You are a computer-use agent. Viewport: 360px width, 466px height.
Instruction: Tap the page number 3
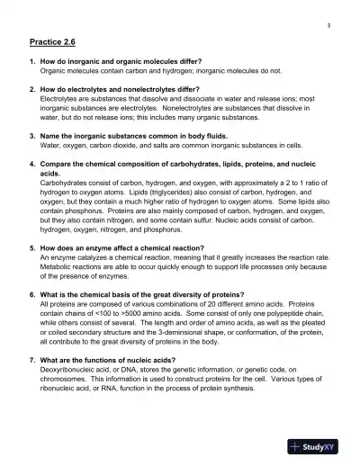[328, 24]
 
